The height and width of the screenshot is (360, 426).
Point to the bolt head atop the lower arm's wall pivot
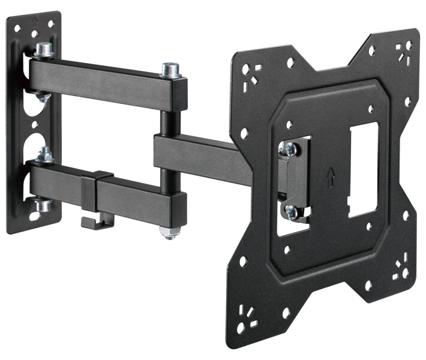(x=44, y=155)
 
